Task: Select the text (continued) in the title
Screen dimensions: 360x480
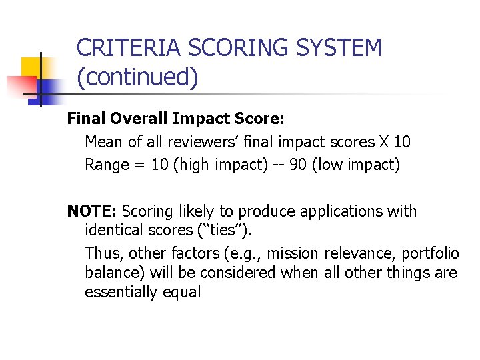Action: click(x=138, y=77)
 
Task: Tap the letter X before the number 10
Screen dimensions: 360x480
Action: click(x=383, y=141)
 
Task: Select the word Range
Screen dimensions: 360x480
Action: click(x=107, y=165)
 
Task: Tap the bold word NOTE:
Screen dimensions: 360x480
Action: click(x=92, y=211)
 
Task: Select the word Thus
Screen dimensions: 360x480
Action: click(x=103, y=254)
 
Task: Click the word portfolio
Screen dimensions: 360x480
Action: click(x=427, y=254)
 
